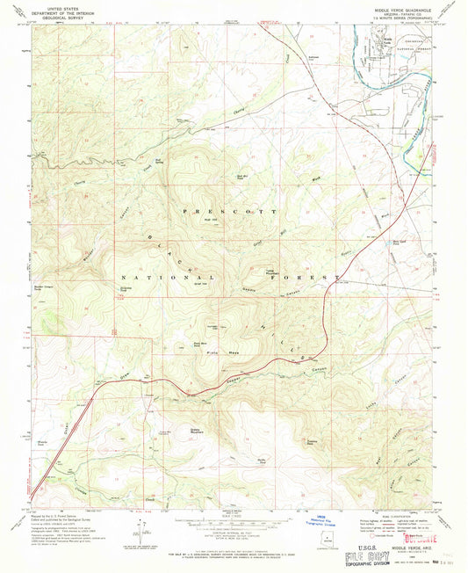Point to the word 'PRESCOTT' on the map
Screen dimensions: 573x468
pyautogui.click(x=228, y=213)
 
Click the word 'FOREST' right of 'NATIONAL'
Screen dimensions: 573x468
pyautogui.click(x=320, y=278)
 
